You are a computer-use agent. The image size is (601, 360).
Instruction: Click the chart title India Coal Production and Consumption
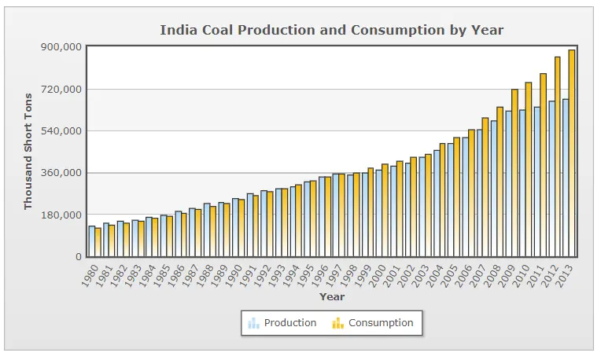pos(331,30)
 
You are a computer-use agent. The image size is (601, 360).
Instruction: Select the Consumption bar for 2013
pos(572,153)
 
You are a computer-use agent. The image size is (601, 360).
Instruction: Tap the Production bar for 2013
pos(565,178)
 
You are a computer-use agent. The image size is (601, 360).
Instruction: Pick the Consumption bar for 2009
pos(514,173)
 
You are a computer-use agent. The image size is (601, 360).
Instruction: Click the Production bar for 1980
pos(91,241)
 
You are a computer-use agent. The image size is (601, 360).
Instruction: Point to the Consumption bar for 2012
pos(558,156)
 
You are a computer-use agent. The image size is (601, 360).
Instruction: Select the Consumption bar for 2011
pos(543,165)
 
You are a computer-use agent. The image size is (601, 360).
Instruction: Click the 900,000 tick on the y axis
pos(61,46)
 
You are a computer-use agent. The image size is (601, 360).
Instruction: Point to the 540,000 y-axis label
pos(61,130)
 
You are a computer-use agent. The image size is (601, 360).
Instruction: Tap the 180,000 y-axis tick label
pos(61,215)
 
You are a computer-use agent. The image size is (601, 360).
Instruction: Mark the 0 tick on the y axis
pos(77,257)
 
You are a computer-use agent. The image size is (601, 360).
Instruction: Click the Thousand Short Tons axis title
pos(28,151)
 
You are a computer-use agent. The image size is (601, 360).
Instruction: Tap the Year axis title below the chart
pos(331,297)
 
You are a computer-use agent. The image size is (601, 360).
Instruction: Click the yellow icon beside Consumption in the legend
pos(337,323)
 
